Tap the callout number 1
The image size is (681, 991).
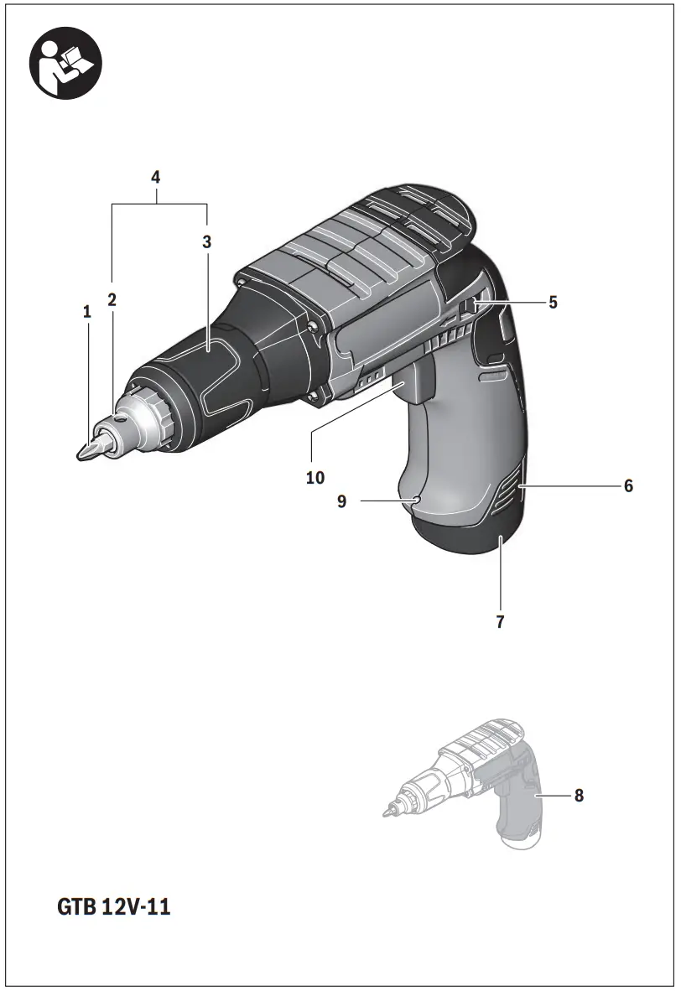point(86,312)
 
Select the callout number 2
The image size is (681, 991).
point(112,298)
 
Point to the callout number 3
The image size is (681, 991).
point(206,241)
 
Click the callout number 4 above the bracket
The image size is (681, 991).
point(156,177)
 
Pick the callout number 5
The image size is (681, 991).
point(553,303)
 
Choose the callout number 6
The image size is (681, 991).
point(627,485)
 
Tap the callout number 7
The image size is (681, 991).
point(500,623)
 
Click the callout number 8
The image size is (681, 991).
point(579,795)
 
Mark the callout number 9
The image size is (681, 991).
point(342,501)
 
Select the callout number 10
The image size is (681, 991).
point(315,478)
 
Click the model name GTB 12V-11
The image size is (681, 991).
point(114,907)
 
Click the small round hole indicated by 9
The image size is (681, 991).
point(416,501)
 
